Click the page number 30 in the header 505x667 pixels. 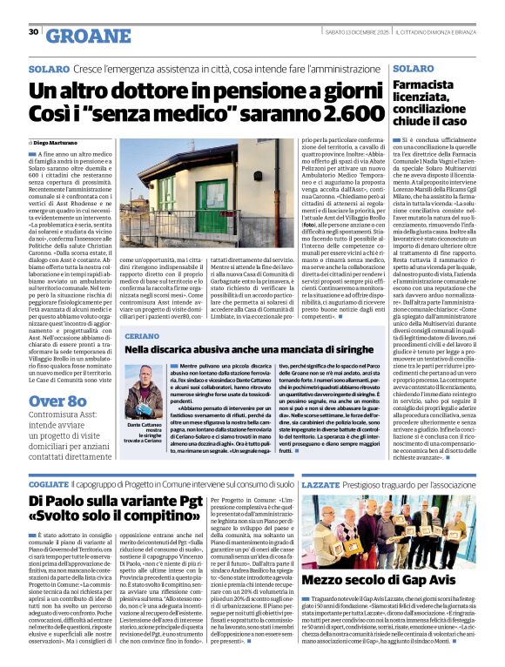tap(32, 33)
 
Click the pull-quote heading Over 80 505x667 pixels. tap(57, 401)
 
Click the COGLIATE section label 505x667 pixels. tap(49, 483)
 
